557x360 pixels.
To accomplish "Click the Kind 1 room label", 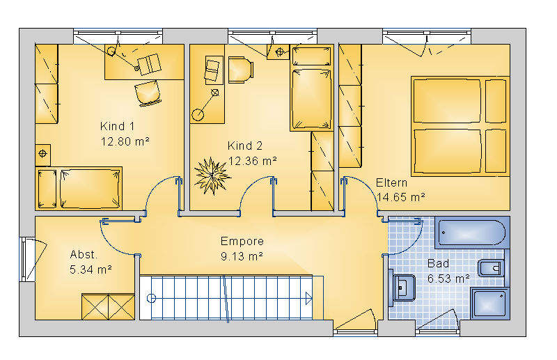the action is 117,126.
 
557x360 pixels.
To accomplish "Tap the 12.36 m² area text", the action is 253,161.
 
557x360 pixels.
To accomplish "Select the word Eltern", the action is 391,182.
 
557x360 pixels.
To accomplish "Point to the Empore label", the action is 242,242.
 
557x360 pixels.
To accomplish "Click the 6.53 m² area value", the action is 448,279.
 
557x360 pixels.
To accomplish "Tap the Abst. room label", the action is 84,254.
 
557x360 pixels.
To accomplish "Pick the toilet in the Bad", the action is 492,269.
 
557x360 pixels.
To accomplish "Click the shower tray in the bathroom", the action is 490,304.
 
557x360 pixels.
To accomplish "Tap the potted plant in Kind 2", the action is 212,175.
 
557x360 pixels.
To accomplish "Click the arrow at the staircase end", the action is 308,298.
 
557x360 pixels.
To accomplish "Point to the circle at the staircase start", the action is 151,298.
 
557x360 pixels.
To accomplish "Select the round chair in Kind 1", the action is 148,93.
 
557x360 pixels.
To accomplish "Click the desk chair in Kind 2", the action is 240,70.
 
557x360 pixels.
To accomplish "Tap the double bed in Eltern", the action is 460,126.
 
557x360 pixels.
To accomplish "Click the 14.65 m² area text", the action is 401,197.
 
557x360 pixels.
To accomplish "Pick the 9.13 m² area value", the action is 242,256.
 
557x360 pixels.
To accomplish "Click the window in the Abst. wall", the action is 27,260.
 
